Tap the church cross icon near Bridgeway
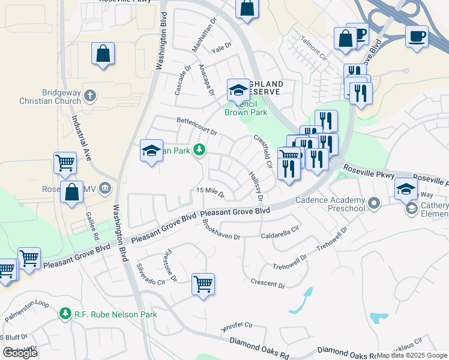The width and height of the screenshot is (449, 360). pos(90,95)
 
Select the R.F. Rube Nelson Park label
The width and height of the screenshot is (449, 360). pos(115,314)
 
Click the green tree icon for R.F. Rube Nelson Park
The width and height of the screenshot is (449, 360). pos(65,313)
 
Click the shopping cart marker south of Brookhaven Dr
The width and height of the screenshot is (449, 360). pos(203,284)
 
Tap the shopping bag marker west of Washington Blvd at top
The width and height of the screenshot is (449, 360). pos(103,53)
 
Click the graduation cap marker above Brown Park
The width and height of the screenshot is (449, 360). pos(238,90)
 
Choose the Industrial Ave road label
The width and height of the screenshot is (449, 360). pos(77,138)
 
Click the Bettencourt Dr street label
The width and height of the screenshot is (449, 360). pos(196,126)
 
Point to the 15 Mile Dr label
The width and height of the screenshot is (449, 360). pos(210,193)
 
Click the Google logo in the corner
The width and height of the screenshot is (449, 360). pos(20,352)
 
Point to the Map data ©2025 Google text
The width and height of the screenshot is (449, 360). pos(412,355)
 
